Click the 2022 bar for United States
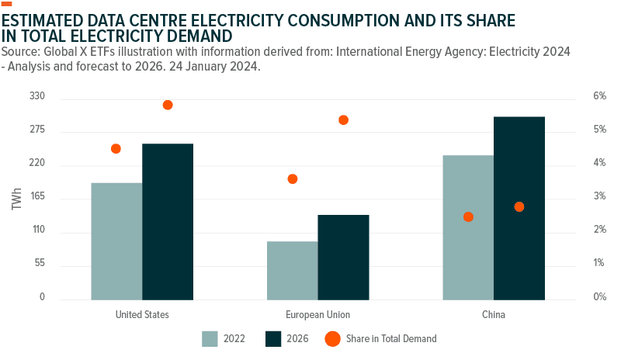(x=116, y=241)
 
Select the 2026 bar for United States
(x=168, y=222)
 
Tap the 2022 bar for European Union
(x=292, y=270)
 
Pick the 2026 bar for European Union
(x=343, y=257)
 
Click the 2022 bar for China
(x=468, y=227)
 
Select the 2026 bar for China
(x=519, y=208)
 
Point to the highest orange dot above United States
(x=168, y=105)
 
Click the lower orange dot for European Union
(x=293, y=179)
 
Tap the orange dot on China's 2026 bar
(x=519, y=207)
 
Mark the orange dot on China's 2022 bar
(x=468, y=217)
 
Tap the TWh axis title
(x=16, y=198)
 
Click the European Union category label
(x=317, y=315)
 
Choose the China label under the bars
(x=494, y=315)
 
